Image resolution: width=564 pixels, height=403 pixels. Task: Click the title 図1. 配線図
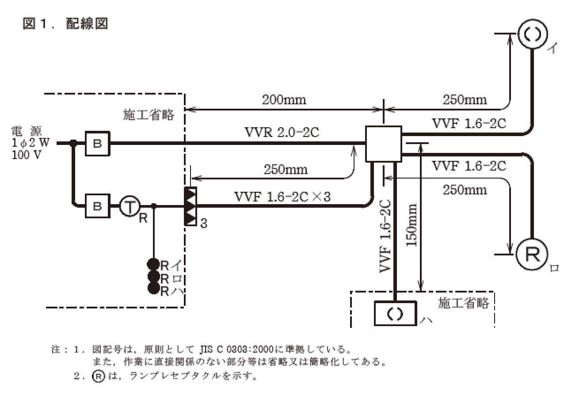pyautogui.click(x=65, y=24)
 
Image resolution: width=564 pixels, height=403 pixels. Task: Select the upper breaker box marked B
pyautogui.click(x=98, y=143)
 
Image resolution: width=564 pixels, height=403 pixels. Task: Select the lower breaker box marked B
pyautogui.click(x=98, y=206)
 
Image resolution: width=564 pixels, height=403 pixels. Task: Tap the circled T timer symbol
pyautogui.click(x=129, y=206)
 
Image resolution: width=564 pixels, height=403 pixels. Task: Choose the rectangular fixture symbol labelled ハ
pyautogui.click(x=395, y=313)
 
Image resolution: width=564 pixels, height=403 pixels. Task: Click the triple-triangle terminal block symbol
pyautogui.click(x=191, y=206)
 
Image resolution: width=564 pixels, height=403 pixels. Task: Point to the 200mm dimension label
pyautogui.click(x=284, y=99)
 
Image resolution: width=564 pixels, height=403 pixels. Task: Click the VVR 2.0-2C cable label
pyautogui.click(x=282, y=133)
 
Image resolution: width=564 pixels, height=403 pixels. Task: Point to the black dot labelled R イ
pyautogui.click(x=153, y=265)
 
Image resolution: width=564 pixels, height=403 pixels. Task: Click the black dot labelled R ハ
pyautogui.click(x=153, y=289)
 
